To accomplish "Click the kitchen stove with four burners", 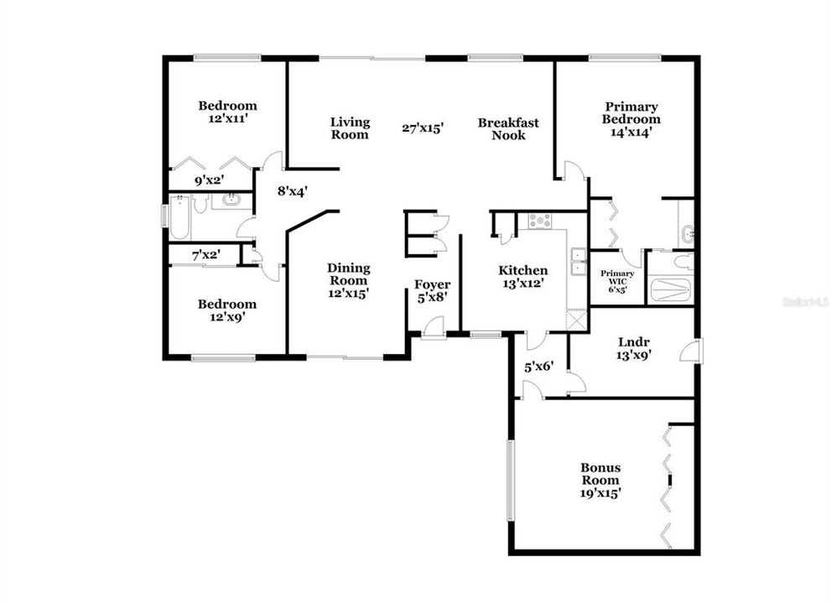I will click(538, 221).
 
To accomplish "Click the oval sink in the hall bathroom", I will click(231, 200).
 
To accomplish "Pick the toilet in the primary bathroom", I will click(683, 262).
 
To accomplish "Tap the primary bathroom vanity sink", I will click(687, 234).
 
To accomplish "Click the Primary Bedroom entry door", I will click(572, 172).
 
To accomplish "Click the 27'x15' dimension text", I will click(422, 128).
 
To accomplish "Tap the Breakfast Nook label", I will click(508, 128).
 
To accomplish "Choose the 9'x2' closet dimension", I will click(210, 180).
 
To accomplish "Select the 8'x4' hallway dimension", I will click(293, 190).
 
